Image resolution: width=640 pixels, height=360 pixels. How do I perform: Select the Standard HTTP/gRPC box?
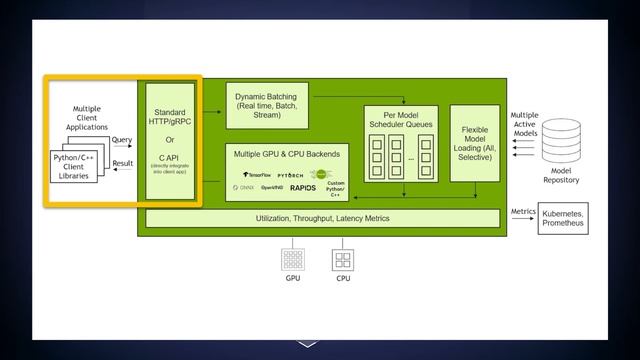click(x=170, y=140)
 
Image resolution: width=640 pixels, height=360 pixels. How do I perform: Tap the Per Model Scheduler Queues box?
click(x=399, y=140)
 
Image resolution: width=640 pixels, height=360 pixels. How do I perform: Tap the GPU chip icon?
click(x=293, y=261)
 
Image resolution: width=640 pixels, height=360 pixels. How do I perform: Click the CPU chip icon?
click(x=342, y=261)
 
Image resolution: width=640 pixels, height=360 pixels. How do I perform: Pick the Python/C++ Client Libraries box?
click(x=73, y=167)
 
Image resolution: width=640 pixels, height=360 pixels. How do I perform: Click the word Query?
click(x=122, y=141)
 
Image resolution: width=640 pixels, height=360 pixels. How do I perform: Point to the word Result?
click(x=123, y=163)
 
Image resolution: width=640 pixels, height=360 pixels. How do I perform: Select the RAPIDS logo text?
click(x=303, y=187)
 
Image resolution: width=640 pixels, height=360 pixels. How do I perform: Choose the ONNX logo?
click(x=246, y=187)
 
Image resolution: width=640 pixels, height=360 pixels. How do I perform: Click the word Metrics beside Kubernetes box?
click(x=525, y=212)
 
